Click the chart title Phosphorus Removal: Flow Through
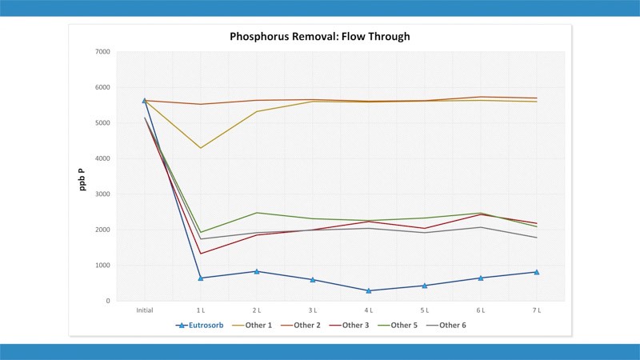[x=320, y=37]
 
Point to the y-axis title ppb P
[x=82, y=176]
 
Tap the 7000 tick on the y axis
[x=102, y=52]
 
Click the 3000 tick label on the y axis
[x=102, y=194]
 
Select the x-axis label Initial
[x=145, y=310]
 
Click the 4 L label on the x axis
[x=368, y=310]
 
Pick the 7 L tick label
[x=536, y=310]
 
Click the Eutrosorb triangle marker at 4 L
[x=368, y=290]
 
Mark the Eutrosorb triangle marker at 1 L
[x=201, y=278]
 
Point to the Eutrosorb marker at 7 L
[x=536, y=272]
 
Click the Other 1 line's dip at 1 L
[x=201, y=148]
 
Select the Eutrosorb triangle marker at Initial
[x=145, y=101]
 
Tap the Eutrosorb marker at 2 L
[x=257, y=271]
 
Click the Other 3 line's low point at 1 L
[x=201, y=254]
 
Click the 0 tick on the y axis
[x=106, y=301]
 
